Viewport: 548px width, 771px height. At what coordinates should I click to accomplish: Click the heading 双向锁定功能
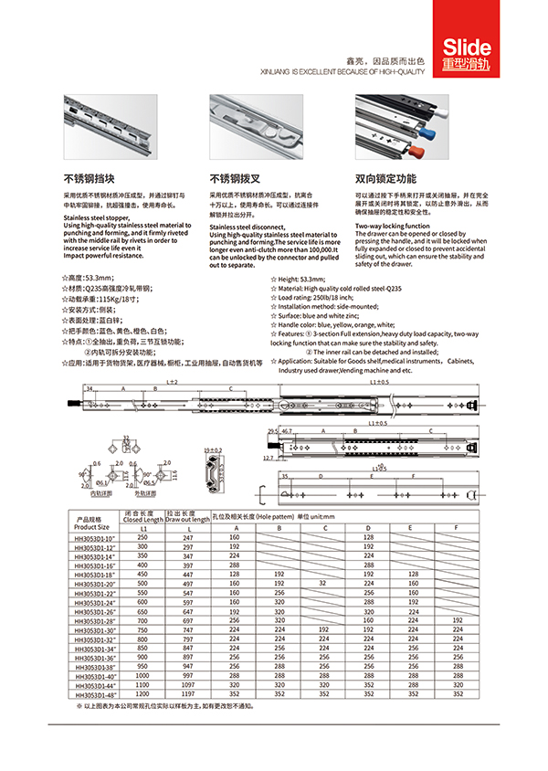click(385, 178)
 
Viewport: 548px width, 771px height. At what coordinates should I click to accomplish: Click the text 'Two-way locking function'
click(392, 225)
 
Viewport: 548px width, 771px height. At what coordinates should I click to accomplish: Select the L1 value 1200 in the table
click(142, 693)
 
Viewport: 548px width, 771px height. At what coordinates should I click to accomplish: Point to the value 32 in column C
click(321, 582)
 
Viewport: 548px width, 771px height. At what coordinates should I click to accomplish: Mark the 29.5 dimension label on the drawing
click(272, 429)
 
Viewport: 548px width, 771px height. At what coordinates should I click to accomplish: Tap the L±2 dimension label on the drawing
click(172, 381)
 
